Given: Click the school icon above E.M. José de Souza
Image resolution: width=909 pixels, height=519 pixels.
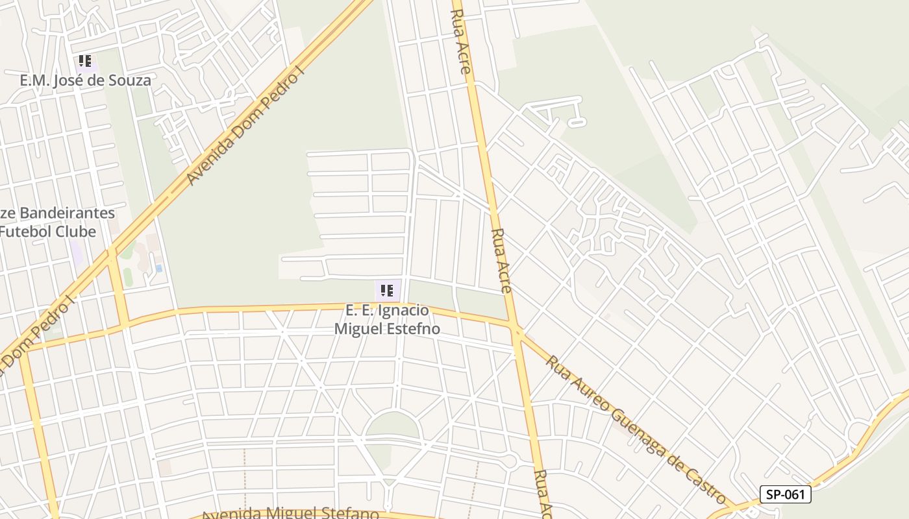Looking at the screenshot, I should [85, 62].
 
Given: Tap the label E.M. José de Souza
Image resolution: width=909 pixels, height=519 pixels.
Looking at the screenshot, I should [85, 80].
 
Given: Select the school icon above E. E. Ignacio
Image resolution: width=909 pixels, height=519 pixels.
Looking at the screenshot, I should [387, 291].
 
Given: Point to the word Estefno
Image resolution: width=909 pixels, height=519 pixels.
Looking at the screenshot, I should [414, 329].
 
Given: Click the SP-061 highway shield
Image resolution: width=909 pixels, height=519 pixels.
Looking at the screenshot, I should [786, 494].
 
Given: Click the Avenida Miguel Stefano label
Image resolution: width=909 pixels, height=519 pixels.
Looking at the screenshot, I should [290, 514].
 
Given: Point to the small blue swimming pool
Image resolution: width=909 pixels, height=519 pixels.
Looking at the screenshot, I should [158, 268].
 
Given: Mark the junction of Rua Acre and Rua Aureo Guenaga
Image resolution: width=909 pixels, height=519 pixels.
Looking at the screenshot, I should [517, 332].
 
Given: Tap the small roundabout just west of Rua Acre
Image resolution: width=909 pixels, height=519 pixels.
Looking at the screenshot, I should [510, 461].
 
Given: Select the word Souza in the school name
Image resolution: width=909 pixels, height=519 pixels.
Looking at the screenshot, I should [132, 80].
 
